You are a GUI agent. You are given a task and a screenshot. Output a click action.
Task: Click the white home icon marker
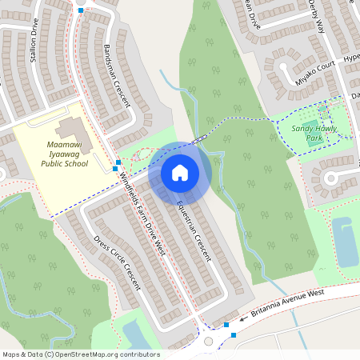[180, 172]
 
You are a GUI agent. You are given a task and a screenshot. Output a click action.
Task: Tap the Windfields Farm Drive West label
[142, 215]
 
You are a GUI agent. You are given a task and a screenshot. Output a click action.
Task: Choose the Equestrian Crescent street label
[194, 229]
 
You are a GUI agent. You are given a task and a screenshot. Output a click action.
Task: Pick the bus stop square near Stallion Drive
[80, 10]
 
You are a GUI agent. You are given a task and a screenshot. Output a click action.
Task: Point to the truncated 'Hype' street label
[351, 58]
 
